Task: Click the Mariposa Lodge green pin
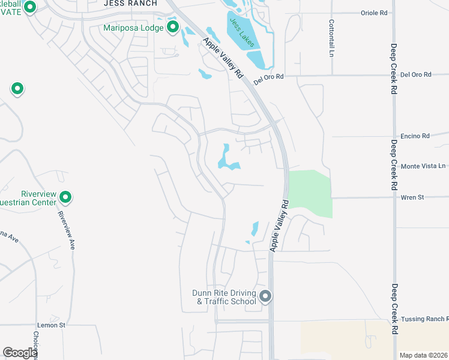click(173, 27)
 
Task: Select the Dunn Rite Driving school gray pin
click(265, 296)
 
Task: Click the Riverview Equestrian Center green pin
click(65, 197)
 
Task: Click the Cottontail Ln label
click(331, 38)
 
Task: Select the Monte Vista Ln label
click(423, 166)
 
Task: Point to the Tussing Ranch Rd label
click(425, 319)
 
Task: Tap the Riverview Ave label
click(66, 230)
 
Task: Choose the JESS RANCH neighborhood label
click(130, 3)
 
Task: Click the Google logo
click(20, 353)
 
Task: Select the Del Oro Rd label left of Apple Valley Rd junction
click(268, 77)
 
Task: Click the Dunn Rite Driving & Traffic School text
click(224, 297)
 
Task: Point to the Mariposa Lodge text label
click(133, 27)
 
